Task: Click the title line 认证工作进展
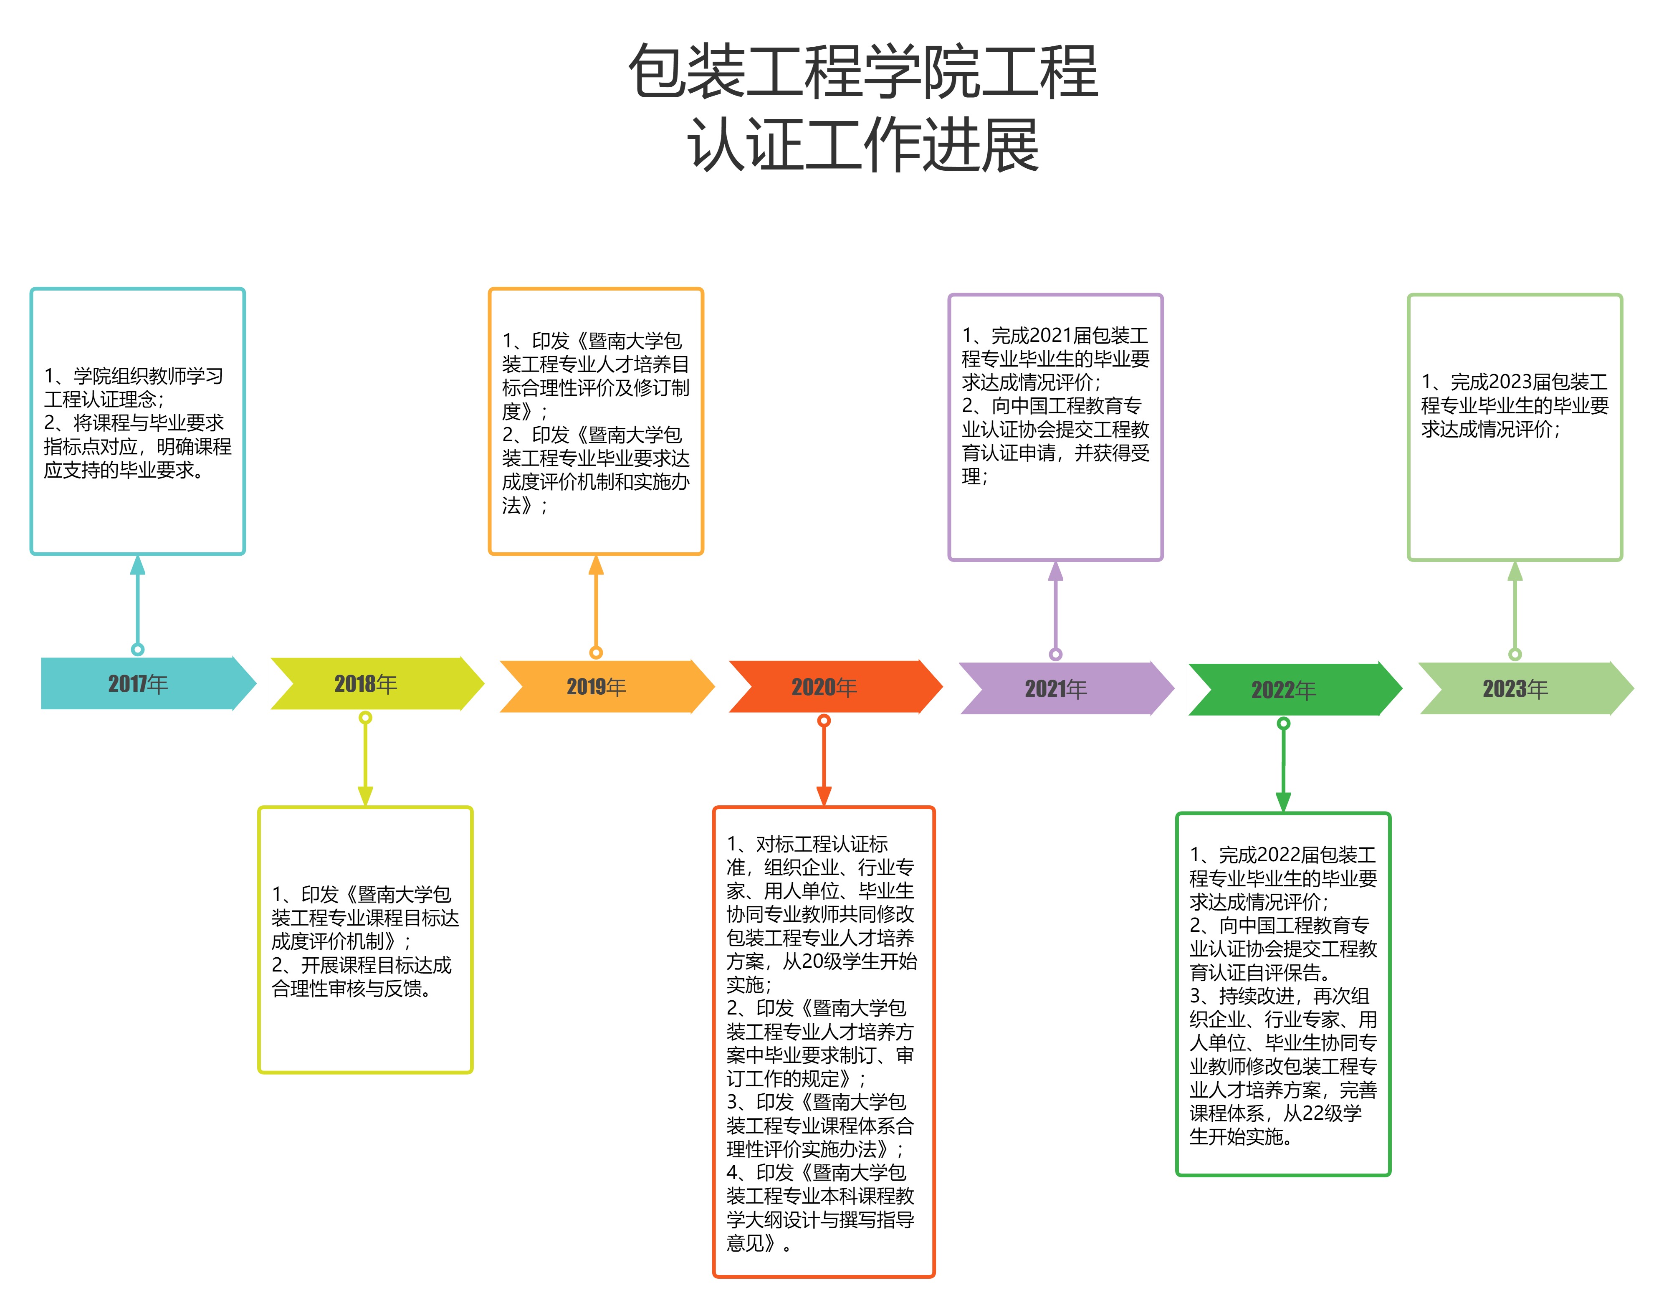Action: click(863, 146)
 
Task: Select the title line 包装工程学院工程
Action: click(863, 71)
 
